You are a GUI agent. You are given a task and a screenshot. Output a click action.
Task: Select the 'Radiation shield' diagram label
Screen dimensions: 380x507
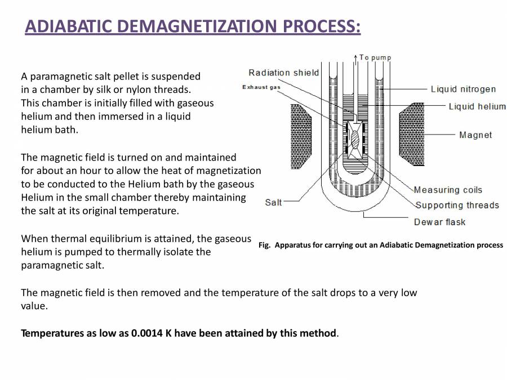(283, 73)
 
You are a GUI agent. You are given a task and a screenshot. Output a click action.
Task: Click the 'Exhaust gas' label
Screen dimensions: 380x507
(261, 87)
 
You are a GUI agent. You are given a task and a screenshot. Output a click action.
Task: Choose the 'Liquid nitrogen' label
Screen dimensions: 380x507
(463, 89)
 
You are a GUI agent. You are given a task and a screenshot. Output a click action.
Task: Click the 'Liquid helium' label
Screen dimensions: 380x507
(477, 106)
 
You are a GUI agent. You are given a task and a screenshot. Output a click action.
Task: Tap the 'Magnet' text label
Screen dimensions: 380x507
(475, 135)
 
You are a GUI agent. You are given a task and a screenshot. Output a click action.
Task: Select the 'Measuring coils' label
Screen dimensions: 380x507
(448, 190)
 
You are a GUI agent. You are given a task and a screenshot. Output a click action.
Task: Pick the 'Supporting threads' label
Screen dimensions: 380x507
(457, 205)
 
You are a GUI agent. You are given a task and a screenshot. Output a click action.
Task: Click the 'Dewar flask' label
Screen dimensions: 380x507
(439, 222)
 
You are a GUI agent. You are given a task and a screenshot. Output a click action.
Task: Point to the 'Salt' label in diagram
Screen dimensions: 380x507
(273, 202)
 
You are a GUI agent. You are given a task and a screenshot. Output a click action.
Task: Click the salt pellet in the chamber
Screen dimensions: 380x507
(354, 138)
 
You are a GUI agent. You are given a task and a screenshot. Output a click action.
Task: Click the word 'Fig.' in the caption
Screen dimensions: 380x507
(265, 245)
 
